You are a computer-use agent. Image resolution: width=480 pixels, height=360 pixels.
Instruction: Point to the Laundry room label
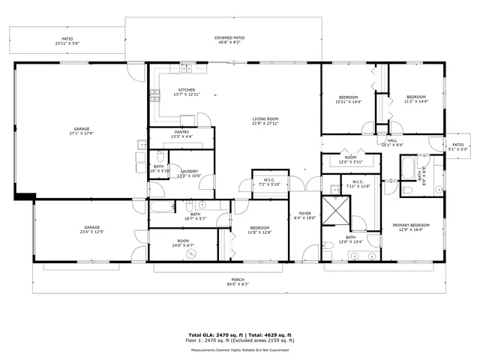click(x=189, y=173)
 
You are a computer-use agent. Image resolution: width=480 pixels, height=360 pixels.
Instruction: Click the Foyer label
click(x=305, y=215)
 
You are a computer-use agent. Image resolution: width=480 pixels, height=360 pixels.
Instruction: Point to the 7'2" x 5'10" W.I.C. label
click(x=268, y=182)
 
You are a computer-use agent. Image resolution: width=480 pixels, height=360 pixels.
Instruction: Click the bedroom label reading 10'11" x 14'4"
click(x=348, y=99)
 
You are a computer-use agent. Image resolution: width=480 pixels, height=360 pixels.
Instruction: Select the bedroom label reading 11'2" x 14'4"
click(x=415, y=99)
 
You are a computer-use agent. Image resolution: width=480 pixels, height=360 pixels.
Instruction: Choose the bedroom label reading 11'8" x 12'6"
click(x=259, y=229)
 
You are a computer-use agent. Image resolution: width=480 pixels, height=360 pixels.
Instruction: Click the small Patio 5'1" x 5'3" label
click(x=457, y=147)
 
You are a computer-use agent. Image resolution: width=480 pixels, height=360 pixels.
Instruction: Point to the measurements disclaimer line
click(x=239, y=349)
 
